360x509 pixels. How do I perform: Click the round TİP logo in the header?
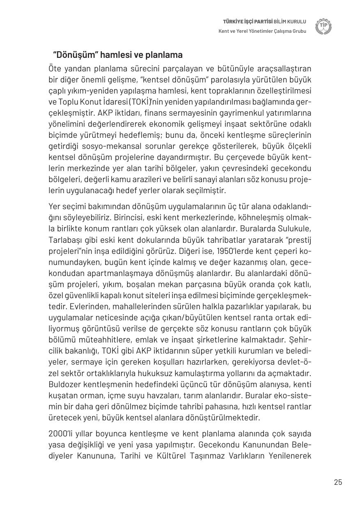(x=323, y=27)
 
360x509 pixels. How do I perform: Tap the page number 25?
(x=338, y=482)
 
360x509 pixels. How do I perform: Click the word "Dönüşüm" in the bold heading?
(x=74, y=55)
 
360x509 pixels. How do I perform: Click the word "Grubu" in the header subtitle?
(x=298, y=31)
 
